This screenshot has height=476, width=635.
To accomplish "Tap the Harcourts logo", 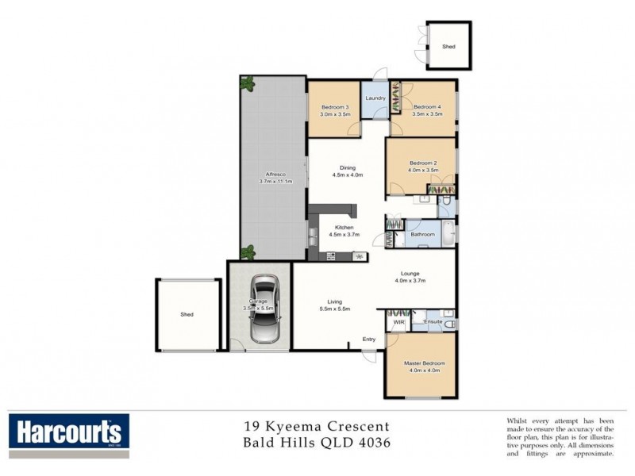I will click(x=67, y=433).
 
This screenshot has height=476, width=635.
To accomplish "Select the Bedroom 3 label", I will click(x=334, y=107).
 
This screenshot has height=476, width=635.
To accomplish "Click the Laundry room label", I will click(x=375, y=98).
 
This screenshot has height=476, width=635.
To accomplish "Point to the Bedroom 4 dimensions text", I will click(x=426, y=114).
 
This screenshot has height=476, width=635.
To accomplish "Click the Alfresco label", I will click(x=275, y=175).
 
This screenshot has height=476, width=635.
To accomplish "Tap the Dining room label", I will click(x=348, y=167).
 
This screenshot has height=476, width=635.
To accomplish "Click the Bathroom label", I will click(x=422, y=234).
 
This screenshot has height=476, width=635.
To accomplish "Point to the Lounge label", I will click(x=410, y=274).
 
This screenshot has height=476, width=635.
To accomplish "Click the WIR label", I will click(x=398, y=322).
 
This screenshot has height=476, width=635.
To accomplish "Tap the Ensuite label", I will click(x=433, y=322).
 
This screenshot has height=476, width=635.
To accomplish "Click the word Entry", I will click(x=369, y=340).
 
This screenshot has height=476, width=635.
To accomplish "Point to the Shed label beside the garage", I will click(x=187, y=315).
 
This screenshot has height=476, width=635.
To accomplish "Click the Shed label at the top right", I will click(x=448, y=48).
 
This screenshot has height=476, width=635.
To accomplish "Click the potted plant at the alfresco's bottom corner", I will click(x=248, y=252).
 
